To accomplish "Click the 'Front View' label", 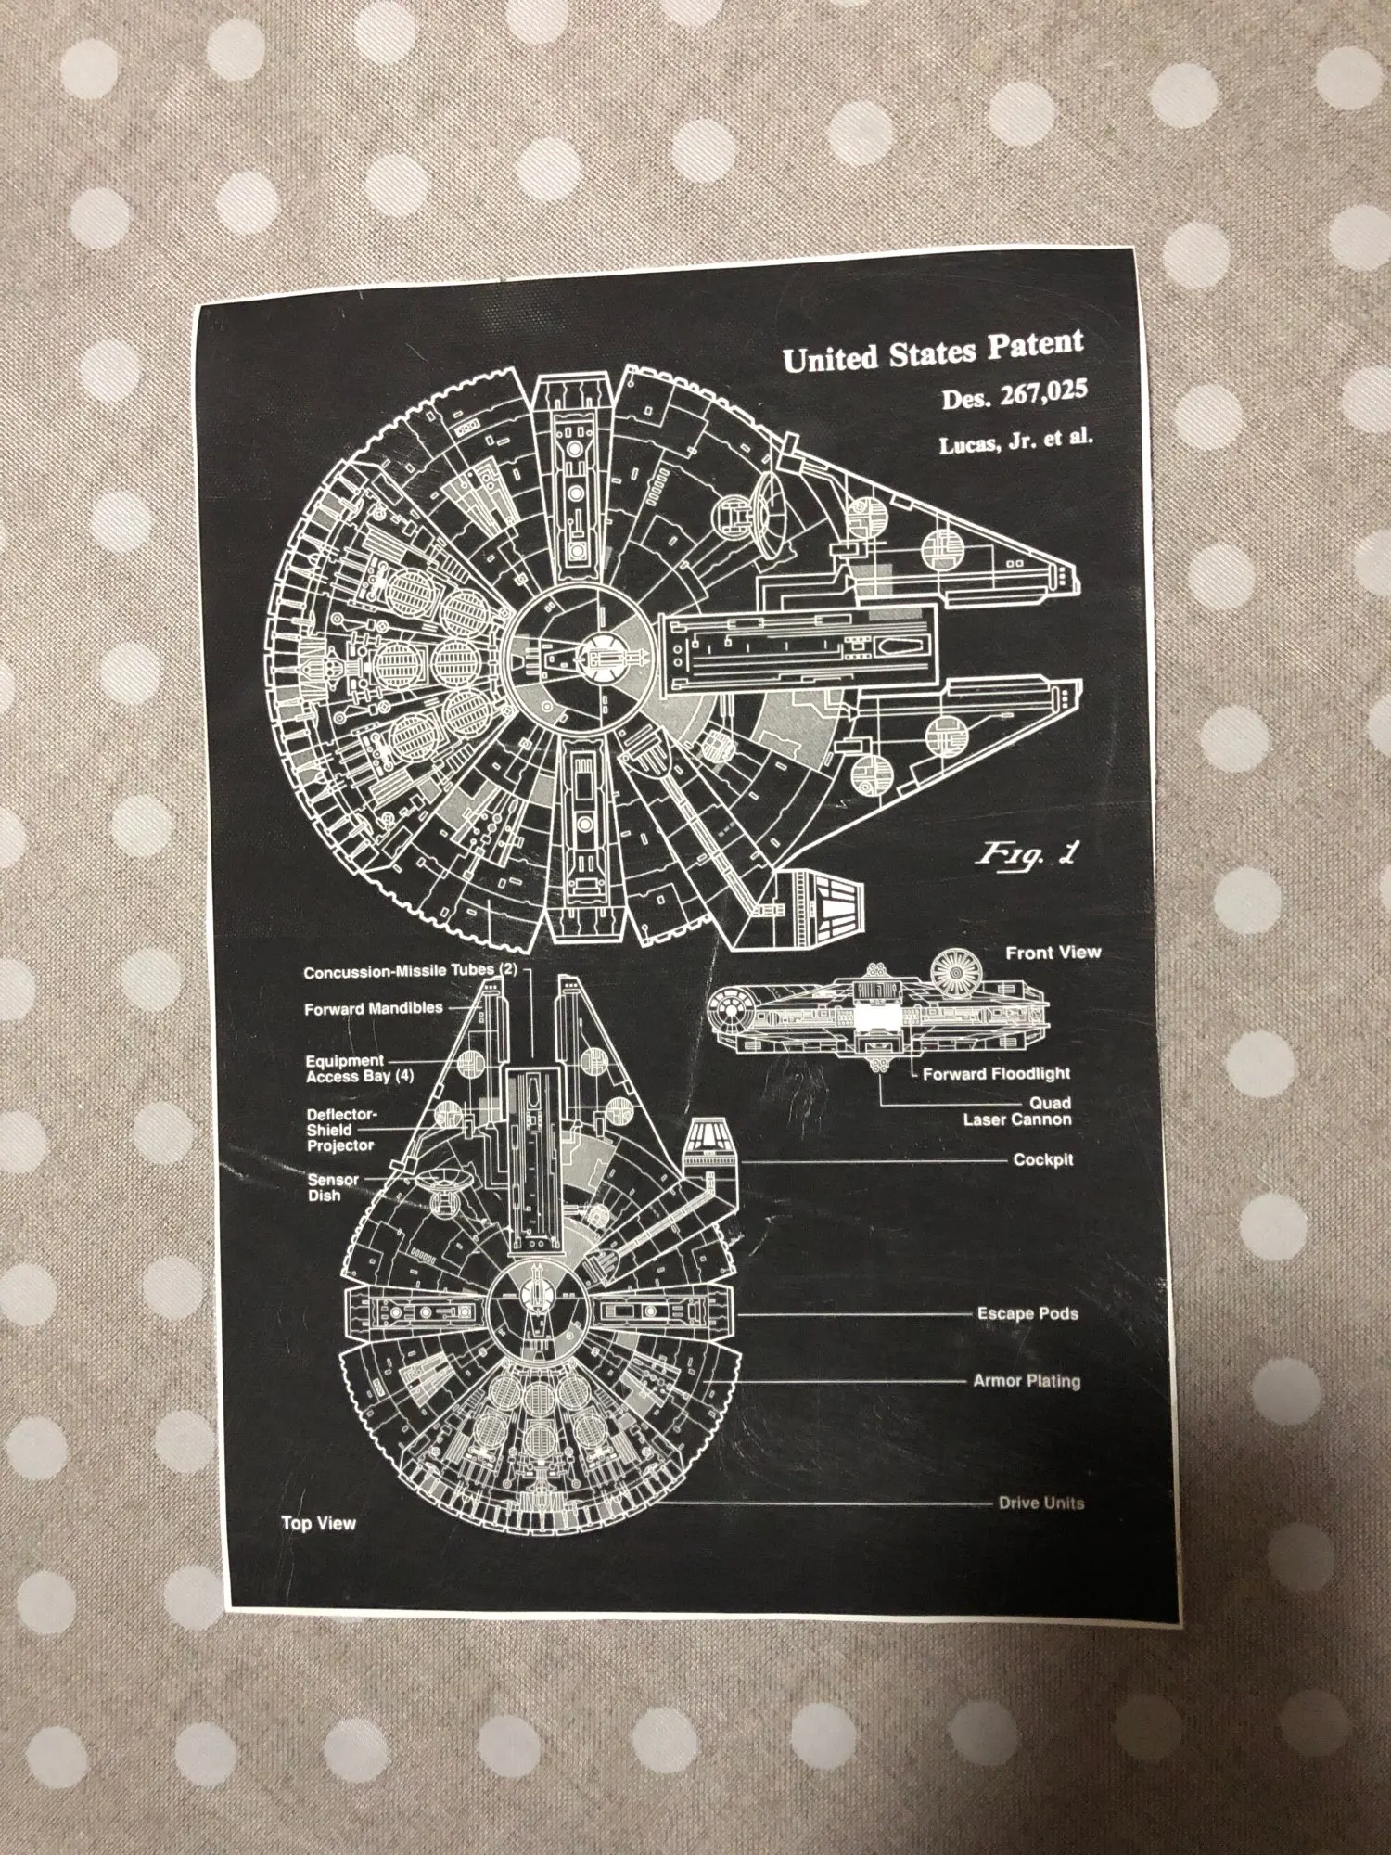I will (x=1053, y=953).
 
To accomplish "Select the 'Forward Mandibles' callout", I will (x=374, y=1008).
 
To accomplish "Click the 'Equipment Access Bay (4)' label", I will (x=360, y=1068).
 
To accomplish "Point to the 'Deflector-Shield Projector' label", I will (x=341, y=1130).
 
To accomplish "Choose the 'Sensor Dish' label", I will (x=332, y=1188).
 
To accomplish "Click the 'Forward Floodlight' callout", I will (x=996, y=1074).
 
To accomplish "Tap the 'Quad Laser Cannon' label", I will (x=1018, y=1111).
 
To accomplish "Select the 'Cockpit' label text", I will (x=1043, y=1160).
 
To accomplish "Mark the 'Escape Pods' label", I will (x=1027, y=1314).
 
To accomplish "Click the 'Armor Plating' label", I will (x=1026, y=1381).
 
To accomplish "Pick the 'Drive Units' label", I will (x=1040, y=1503).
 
